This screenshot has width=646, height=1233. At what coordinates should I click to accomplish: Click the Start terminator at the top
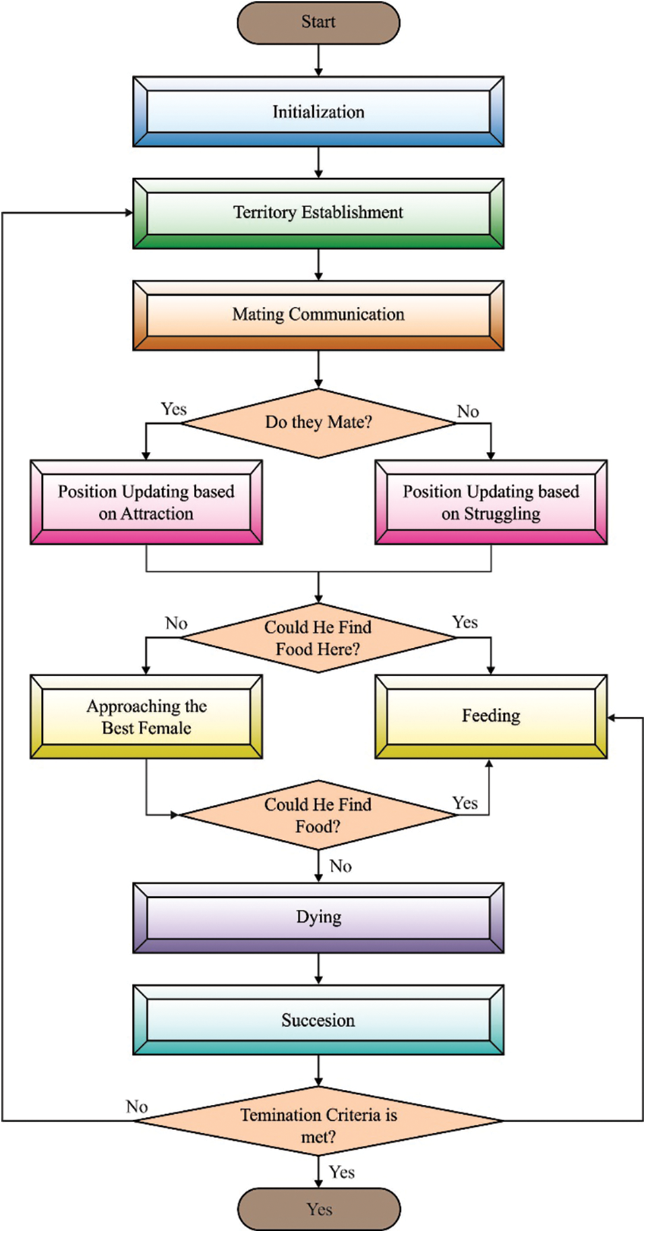point(318,22)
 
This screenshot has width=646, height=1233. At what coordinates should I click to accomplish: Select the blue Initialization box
point(318,111)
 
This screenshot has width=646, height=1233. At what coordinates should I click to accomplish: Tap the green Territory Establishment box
point(318,213)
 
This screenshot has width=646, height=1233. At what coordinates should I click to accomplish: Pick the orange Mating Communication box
point(318,315)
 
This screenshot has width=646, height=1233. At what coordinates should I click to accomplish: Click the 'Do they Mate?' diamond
point(318,423)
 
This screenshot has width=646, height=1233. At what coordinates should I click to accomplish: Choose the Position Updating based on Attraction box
point(146,502)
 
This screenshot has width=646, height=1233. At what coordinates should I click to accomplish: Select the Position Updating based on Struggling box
point(491,502)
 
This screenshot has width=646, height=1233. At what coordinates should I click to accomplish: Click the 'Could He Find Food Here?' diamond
point(318,638)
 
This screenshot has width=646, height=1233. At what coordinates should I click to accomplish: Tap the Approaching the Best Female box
point(146,716)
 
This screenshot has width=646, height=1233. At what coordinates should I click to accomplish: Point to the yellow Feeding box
point(491,716)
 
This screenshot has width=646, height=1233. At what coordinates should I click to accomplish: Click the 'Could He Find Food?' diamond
point(318,815)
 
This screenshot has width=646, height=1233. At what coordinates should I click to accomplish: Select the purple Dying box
point(318,918)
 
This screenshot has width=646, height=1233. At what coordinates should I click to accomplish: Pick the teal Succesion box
point(318,1020)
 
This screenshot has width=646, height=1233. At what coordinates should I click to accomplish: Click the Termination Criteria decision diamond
point(318,1120)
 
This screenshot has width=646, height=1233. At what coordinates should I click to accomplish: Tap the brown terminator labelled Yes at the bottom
point(319,1209)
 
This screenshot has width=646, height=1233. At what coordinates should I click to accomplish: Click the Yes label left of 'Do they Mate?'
point(174,409)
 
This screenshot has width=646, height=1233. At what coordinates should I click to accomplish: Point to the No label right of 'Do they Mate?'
point(468,412)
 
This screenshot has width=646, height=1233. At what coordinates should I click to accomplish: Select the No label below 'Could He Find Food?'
point(341,866)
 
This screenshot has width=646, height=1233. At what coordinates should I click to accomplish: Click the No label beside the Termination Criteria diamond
point(137,1106)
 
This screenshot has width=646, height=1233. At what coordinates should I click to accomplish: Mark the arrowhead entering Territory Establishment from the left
point(129,212)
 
